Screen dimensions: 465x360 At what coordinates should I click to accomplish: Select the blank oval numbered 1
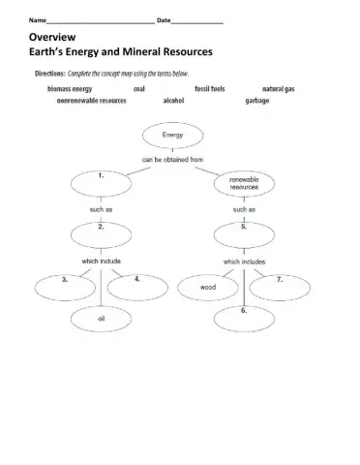coord(104,182)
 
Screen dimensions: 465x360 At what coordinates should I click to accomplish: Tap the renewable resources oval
coord(243,183)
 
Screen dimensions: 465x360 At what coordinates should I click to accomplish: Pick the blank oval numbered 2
coord(104,232)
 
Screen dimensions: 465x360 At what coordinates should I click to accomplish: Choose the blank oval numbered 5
coord(245,232)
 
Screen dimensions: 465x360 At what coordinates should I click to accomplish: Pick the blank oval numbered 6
coord(245,316)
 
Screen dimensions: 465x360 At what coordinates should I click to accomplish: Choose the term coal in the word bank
coord(139,88)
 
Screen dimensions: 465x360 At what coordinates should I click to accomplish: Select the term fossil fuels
coord(210,88)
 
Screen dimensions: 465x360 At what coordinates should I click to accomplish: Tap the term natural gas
coord(279,88)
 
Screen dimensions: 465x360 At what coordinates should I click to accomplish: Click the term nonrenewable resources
coord(92,100)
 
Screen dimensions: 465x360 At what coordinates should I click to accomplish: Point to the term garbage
coord(257,100)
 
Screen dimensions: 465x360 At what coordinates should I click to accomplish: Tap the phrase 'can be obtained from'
coord(172,158)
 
